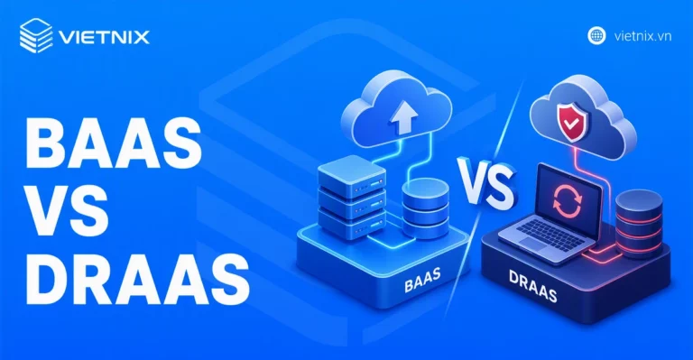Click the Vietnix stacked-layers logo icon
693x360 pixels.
click(36, 36)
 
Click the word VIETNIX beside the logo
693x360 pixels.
click(105, 37)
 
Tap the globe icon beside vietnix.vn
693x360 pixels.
click(596, 36)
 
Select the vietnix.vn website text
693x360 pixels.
click(642, 36)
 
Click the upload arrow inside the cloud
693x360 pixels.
click(403, 116)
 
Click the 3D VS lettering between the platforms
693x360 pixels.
click(486, 182)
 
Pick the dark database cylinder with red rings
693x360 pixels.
click(639, 223)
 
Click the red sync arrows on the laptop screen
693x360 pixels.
click(568, 201)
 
